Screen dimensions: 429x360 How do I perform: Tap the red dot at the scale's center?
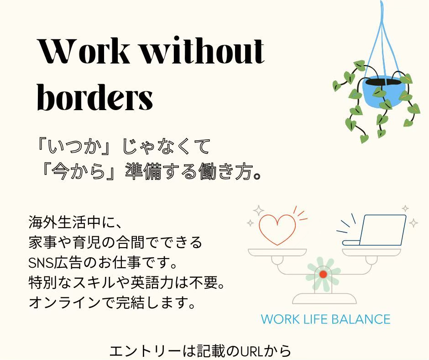(x=323, y=274)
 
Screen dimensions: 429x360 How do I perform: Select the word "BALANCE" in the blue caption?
(x=361, y=319)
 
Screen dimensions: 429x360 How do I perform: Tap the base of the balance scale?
(x=324, y=299)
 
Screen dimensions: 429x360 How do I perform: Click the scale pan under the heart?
(x=277, y=252)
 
